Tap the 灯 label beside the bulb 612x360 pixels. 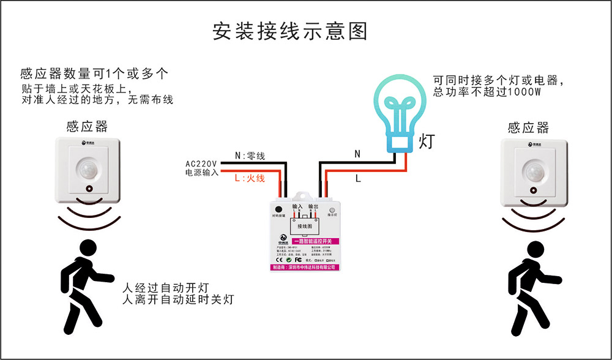coord(427,142)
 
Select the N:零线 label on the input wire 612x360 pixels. coord(250,157)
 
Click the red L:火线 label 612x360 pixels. coord(250,178)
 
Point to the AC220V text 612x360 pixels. coord(201,163)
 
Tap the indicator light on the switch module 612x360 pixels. coord(332,209)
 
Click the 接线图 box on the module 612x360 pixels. coord(305,227)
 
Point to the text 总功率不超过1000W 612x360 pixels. coord(487,92)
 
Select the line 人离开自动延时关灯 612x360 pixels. coord(177,300)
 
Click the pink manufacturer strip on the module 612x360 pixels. coord(305,268)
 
